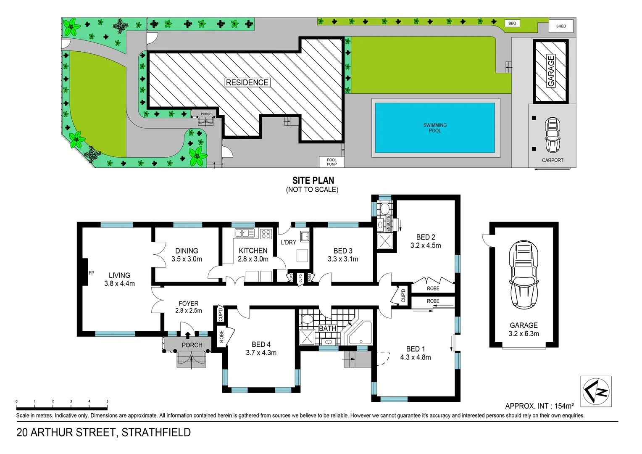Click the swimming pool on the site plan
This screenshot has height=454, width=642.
point(434,128)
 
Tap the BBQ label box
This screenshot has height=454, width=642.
point(512,23)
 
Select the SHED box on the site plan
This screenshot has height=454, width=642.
point(561,26)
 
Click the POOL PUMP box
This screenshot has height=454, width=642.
point(332,162)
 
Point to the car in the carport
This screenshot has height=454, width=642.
point(553,135)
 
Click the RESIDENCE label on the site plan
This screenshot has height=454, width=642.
point(247,82)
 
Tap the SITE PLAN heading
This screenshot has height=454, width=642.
point(313,181)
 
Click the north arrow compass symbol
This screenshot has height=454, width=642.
point(596,391)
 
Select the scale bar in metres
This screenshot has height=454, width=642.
point(62,408)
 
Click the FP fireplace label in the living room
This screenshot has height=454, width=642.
point(92,273)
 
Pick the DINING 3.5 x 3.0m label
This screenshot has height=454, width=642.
point(187,255)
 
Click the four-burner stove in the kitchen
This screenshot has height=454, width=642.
point(266,233)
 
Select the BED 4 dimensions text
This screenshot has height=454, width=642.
point(261,353)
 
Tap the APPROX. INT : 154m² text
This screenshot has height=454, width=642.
point(539,406)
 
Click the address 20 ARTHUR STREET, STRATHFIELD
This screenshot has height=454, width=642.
point(103,433)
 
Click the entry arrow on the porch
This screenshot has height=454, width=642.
point(187,335)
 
